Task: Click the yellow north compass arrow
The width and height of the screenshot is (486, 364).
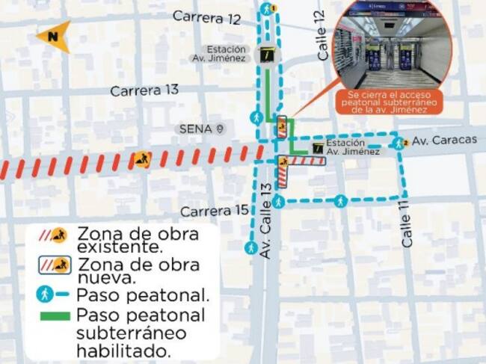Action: (x=52, y=35)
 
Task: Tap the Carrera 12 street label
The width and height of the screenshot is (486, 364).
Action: (x=206, y=16)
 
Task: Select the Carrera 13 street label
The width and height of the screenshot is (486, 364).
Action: (x=145, y=90)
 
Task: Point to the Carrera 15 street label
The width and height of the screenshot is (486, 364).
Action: (x=214, y=211)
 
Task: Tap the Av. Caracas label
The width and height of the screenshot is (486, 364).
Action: (x=444, y=140)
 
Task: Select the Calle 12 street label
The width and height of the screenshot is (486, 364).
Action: (x=321, y=35)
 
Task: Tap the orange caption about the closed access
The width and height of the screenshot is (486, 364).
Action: (x=387, y=102)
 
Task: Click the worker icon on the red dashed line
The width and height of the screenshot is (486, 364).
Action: (x=141, y=159)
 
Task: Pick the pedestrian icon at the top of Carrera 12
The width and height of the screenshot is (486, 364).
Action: (x=267, y=9)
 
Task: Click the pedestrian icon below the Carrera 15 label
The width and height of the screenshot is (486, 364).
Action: (x=250, y=247)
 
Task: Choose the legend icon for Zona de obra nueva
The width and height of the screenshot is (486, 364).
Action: (x=53, y=265)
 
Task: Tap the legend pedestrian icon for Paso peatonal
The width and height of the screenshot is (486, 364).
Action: (x=46, y=294)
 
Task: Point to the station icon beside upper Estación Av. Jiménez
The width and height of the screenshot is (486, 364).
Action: (x=265, y=55)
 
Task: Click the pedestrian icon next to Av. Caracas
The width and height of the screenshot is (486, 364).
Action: (x=400, y=141)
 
